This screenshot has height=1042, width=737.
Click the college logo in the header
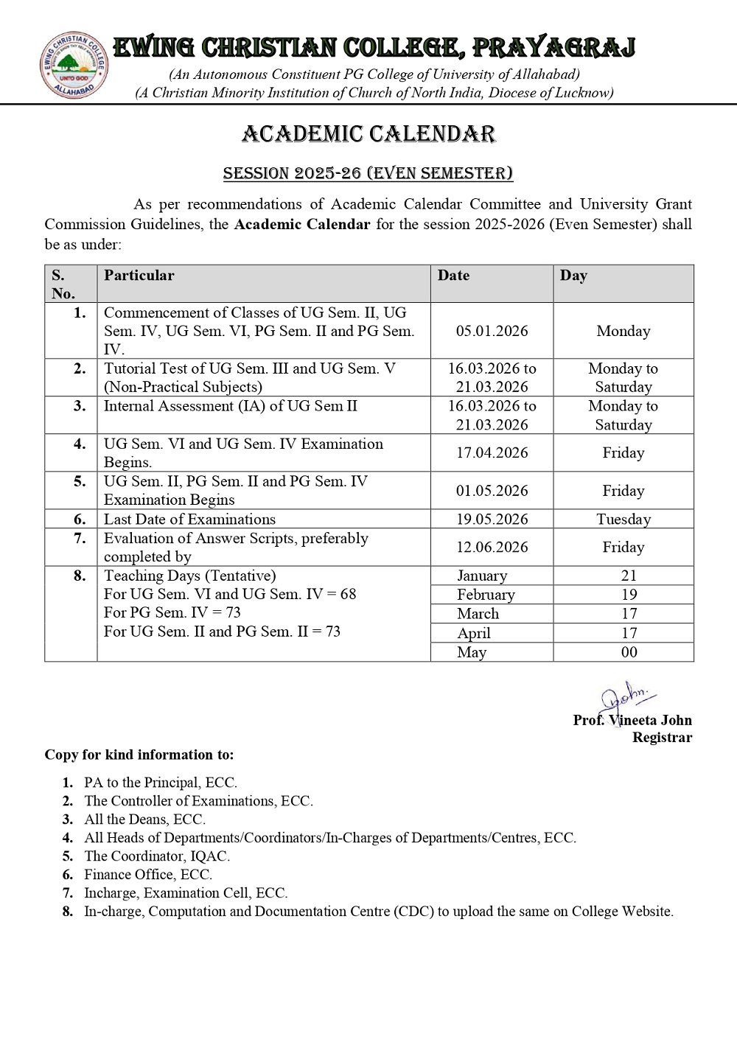tap(74, 66)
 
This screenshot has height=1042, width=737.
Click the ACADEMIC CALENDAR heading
tap(368, 134)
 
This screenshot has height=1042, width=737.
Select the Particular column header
tap(139, 276)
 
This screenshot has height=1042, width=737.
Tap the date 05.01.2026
tap(492, 331)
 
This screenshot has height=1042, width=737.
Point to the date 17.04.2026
tap(492, 452)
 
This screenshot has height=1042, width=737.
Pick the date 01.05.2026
tap(492, 491)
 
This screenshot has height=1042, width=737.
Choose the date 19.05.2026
tap(492, 519)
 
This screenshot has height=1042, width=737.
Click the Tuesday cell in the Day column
tap(624, 519)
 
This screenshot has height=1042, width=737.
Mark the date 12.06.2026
tap(492, 547)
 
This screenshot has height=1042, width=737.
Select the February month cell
tap(486, 595)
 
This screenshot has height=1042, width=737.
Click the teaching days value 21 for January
tap(629, 576)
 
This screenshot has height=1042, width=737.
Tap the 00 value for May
tap(629, 652)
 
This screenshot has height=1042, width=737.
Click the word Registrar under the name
tap(662, 738)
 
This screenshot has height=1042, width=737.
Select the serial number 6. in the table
tap(80, 519)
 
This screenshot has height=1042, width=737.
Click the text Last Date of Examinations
tap(189, 519)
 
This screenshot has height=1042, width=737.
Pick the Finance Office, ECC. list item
tap(148, 875)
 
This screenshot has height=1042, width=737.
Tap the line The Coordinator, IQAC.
tap(157, 856)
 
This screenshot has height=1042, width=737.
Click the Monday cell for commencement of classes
tap(624, 331)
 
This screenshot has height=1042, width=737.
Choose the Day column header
tap(573, 276)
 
